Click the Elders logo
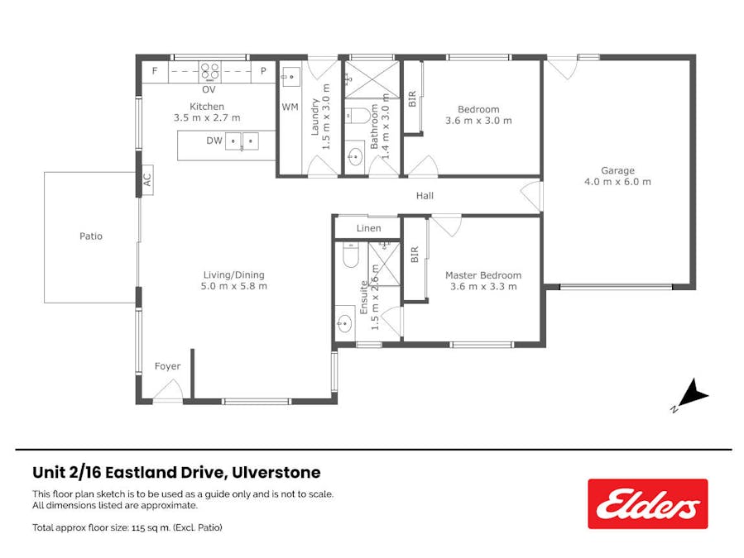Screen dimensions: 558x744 tap(647, 503)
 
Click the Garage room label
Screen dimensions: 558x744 tap(617, 171)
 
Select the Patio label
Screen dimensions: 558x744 tap(91, 236)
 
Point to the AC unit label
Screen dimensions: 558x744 tap(146, 179)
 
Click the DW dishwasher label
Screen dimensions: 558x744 tap(214, 141)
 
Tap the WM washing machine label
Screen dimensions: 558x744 tap(290, 107)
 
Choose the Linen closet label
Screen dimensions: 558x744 tap(368, 228)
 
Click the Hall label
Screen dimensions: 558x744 tap(425, 196)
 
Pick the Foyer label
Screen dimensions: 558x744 tap(167, 366)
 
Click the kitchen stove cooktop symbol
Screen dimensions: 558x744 tap(209, 71)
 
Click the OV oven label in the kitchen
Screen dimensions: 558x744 tap(209, 89)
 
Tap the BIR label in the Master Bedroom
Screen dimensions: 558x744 tap(415, 254)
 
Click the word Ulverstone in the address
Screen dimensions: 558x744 tap(278, 473)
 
